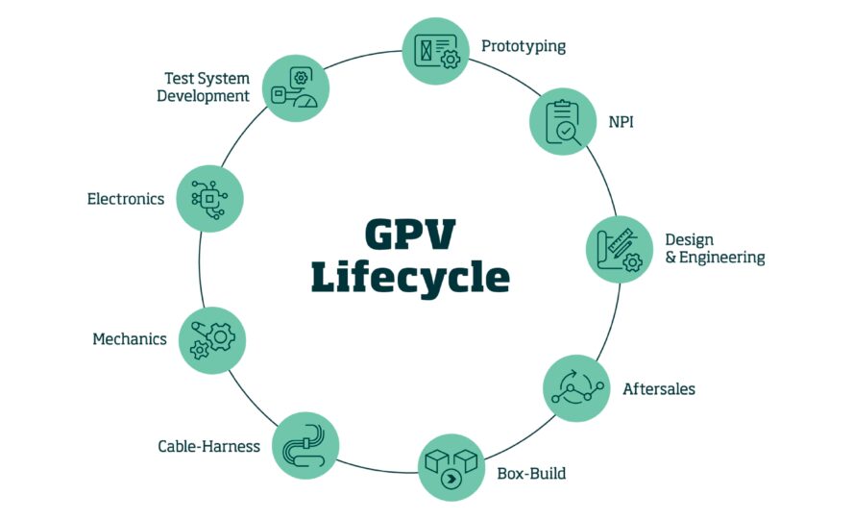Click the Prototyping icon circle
436,51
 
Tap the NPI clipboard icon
563,122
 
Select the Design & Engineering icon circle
619,250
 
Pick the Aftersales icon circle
576,388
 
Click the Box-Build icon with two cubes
451,468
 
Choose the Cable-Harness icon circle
305,446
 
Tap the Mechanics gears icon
212,340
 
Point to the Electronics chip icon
209,199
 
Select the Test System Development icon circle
296,88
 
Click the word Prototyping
524,46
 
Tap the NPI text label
621,122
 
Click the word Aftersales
659,389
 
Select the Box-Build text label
531,473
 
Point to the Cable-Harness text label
208,446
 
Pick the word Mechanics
130,339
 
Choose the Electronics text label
126,199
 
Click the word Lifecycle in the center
410,278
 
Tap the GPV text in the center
410,234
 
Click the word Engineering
722,258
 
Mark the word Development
203,96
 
